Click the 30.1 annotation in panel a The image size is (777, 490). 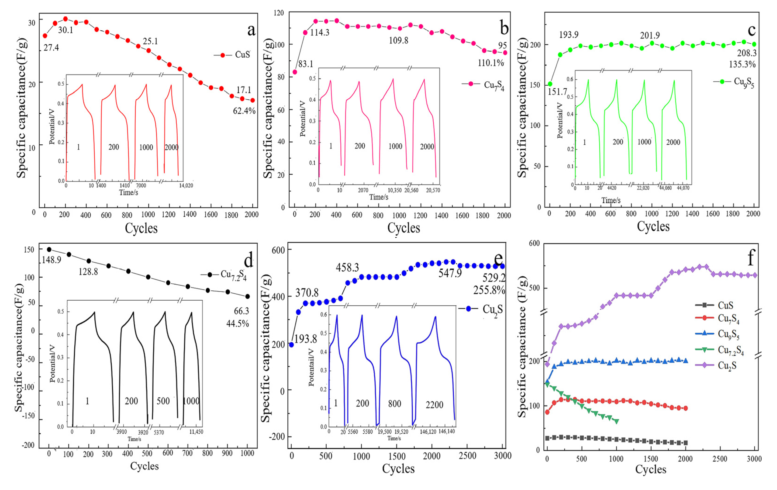coord(66,30)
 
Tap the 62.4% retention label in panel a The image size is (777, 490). coord(244,111)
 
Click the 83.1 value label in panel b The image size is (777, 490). coord(305,64)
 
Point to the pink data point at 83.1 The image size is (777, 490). coord(295,72)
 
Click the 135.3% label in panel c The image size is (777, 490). coord(742,64)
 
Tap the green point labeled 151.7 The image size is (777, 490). coord(550,84)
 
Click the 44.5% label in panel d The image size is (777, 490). coord(238,323)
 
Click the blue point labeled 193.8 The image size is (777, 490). coord(291,345)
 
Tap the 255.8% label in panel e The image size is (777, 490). coord(489,290)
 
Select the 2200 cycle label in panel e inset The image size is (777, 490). coord(434,404)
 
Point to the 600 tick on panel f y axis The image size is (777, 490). coord(534,243)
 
